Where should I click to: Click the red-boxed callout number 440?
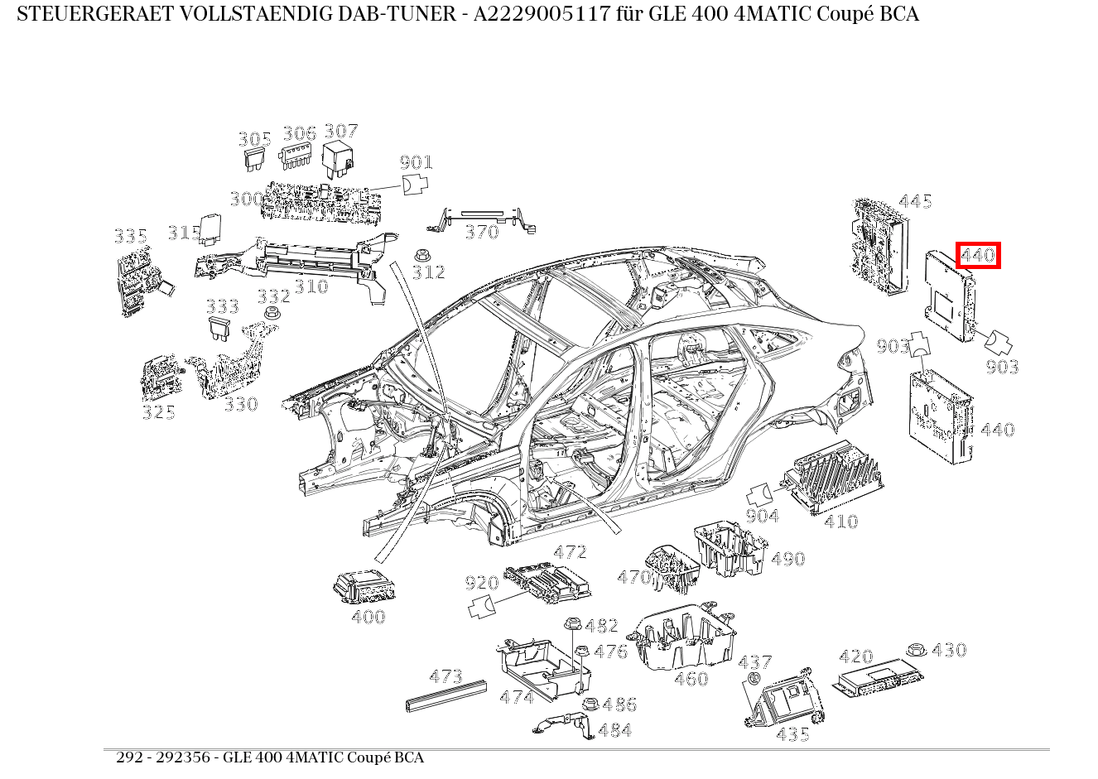point(978,255)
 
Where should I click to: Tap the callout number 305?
point(255,139)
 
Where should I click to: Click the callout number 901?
point(417,162)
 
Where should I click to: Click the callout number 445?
point(915,201)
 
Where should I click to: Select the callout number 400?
point(368,617)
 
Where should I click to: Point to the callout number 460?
point(691,679)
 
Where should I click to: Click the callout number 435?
point(793,734)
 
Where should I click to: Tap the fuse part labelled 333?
point(220,329)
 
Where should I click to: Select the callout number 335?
point(130,237)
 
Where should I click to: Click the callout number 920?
point(481,584)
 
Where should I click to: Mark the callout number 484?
point(614,730)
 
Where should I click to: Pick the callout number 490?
point(787,559)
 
